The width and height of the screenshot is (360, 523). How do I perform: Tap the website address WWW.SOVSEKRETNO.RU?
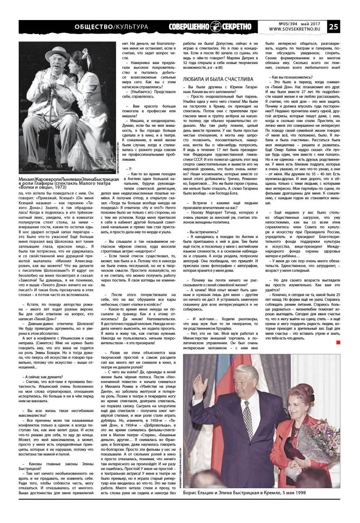point(294,29)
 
